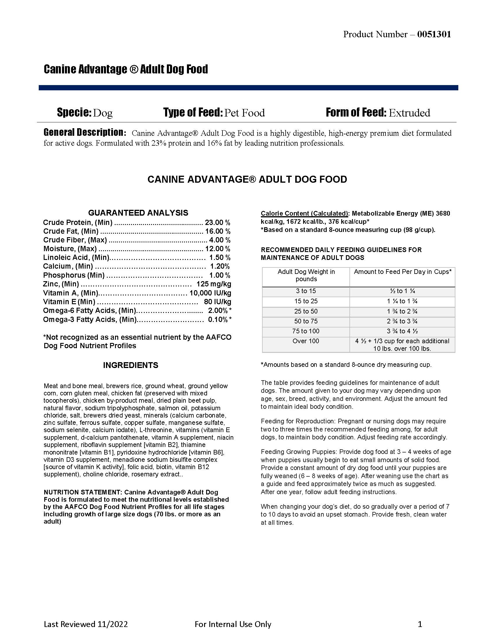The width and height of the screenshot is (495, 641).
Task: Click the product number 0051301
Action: [x=434, y=34]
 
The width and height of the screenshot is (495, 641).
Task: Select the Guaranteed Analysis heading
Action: [x=138, y=213]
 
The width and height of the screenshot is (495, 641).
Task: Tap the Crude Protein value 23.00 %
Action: [x=217, y=223]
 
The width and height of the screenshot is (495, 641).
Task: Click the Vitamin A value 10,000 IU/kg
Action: [x=210, y=293]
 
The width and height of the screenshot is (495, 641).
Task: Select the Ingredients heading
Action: [x=130, y=365]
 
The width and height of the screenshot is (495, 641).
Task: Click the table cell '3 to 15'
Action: [x=306, y=291]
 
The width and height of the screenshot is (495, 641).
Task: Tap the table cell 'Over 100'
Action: [x=306, y=341]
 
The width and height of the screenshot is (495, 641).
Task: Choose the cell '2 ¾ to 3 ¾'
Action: [x=402, y=321]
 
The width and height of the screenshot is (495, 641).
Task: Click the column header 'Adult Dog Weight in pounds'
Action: [x=306, y=275]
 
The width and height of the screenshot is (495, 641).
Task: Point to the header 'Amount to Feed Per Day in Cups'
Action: [x=402, y=272]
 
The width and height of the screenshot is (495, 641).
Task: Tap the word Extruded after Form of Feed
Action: [x=409, y=113]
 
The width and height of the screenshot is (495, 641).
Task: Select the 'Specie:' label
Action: [x=75, y=112]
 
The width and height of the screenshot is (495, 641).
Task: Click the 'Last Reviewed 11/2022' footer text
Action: [x=86, y=624]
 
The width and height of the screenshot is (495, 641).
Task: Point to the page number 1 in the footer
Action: [x=420, y=624]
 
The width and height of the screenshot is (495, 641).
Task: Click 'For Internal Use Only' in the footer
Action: [x=233, y=624]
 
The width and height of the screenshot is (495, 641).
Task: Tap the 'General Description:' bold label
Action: [x=85, y=132]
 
